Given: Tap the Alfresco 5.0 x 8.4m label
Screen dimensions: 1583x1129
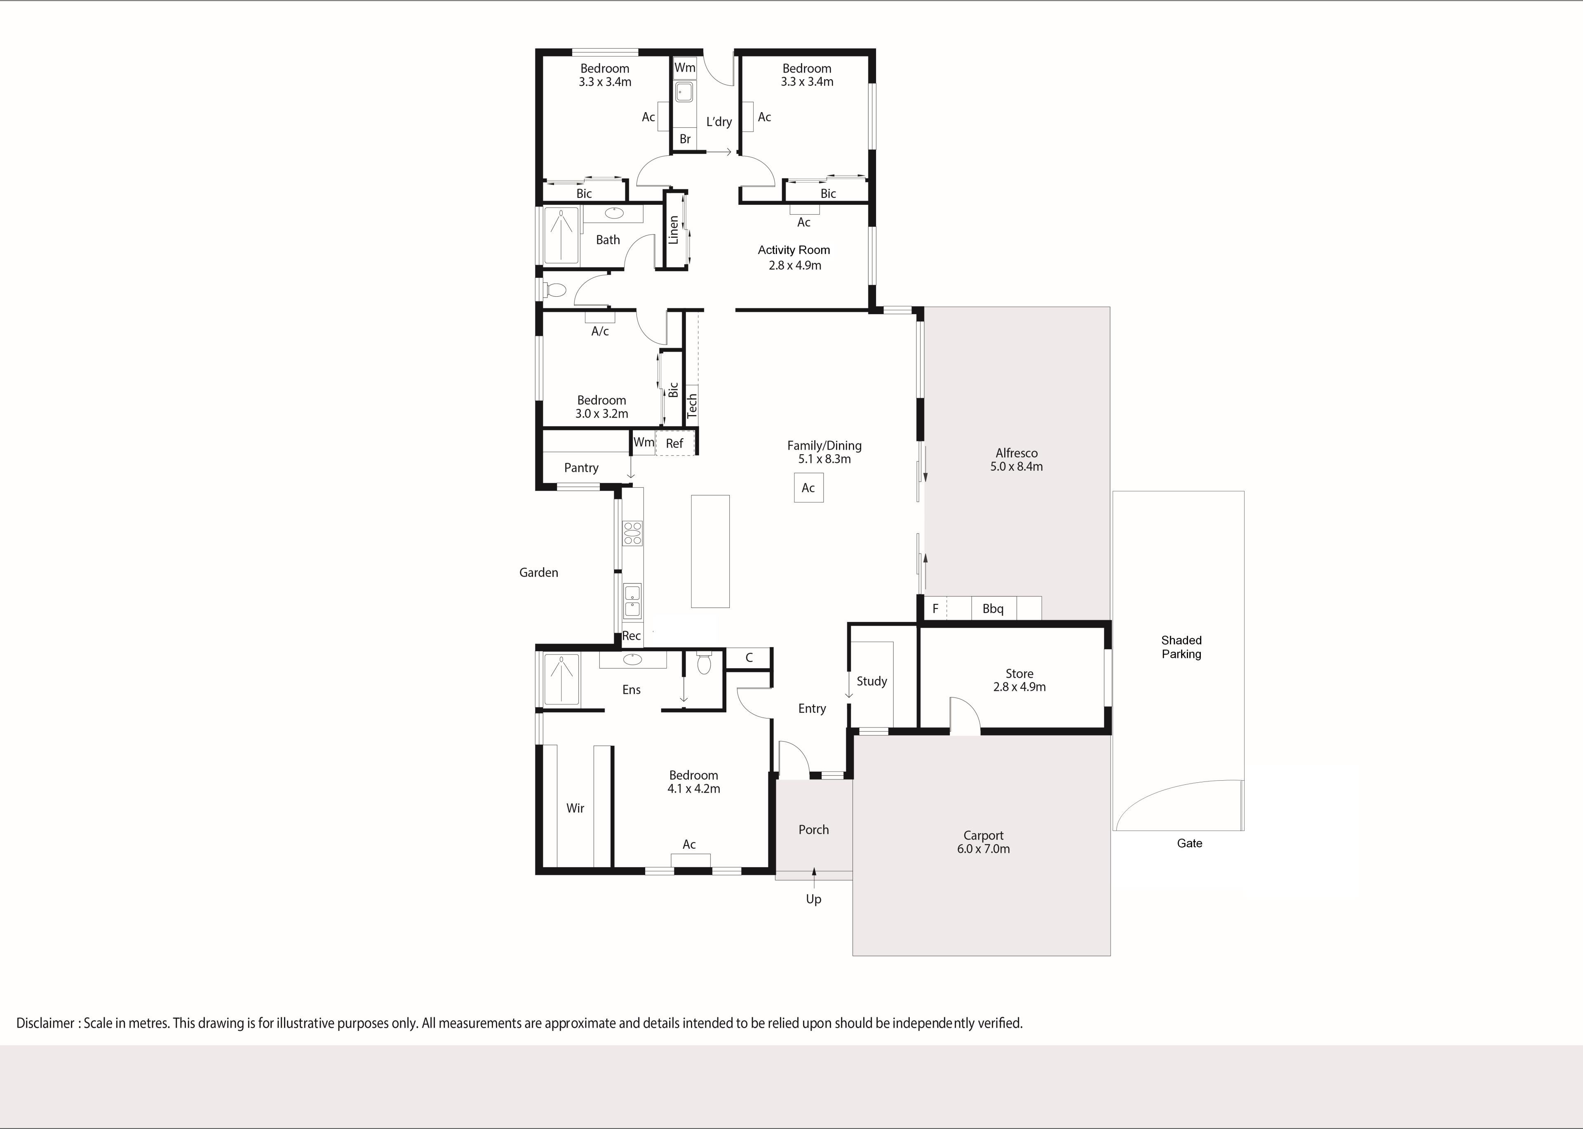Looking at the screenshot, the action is pyautogui.click(x=1017, y=460).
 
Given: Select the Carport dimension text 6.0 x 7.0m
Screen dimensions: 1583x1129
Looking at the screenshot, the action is pyautogui.click(x=983, y=849).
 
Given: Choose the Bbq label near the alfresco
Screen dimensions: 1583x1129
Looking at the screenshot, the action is pyautogui.click(x=993, y=609).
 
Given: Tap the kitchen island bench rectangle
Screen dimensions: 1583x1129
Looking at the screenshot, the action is pyautogui.click(x=710, y=551).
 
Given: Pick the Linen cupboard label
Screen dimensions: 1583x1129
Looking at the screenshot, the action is pyautogui.click(x=673, y=230).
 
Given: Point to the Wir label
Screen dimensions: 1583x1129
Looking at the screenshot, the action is pyautogui.click(x=575, y=808).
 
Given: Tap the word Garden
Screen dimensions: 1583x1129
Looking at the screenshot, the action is pyautogui.click(x=539, y=572).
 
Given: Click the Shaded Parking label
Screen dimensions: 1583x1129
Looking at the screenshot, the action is pyautogui.click(x=1181, y=647).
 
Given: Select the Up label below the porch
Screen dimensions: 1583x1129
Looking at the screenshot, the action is pyautogui.click(x=813, y=899).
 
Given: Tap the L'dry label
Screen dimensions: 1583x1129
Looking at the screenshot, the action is pyautogui.click(x=719, y=122).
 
